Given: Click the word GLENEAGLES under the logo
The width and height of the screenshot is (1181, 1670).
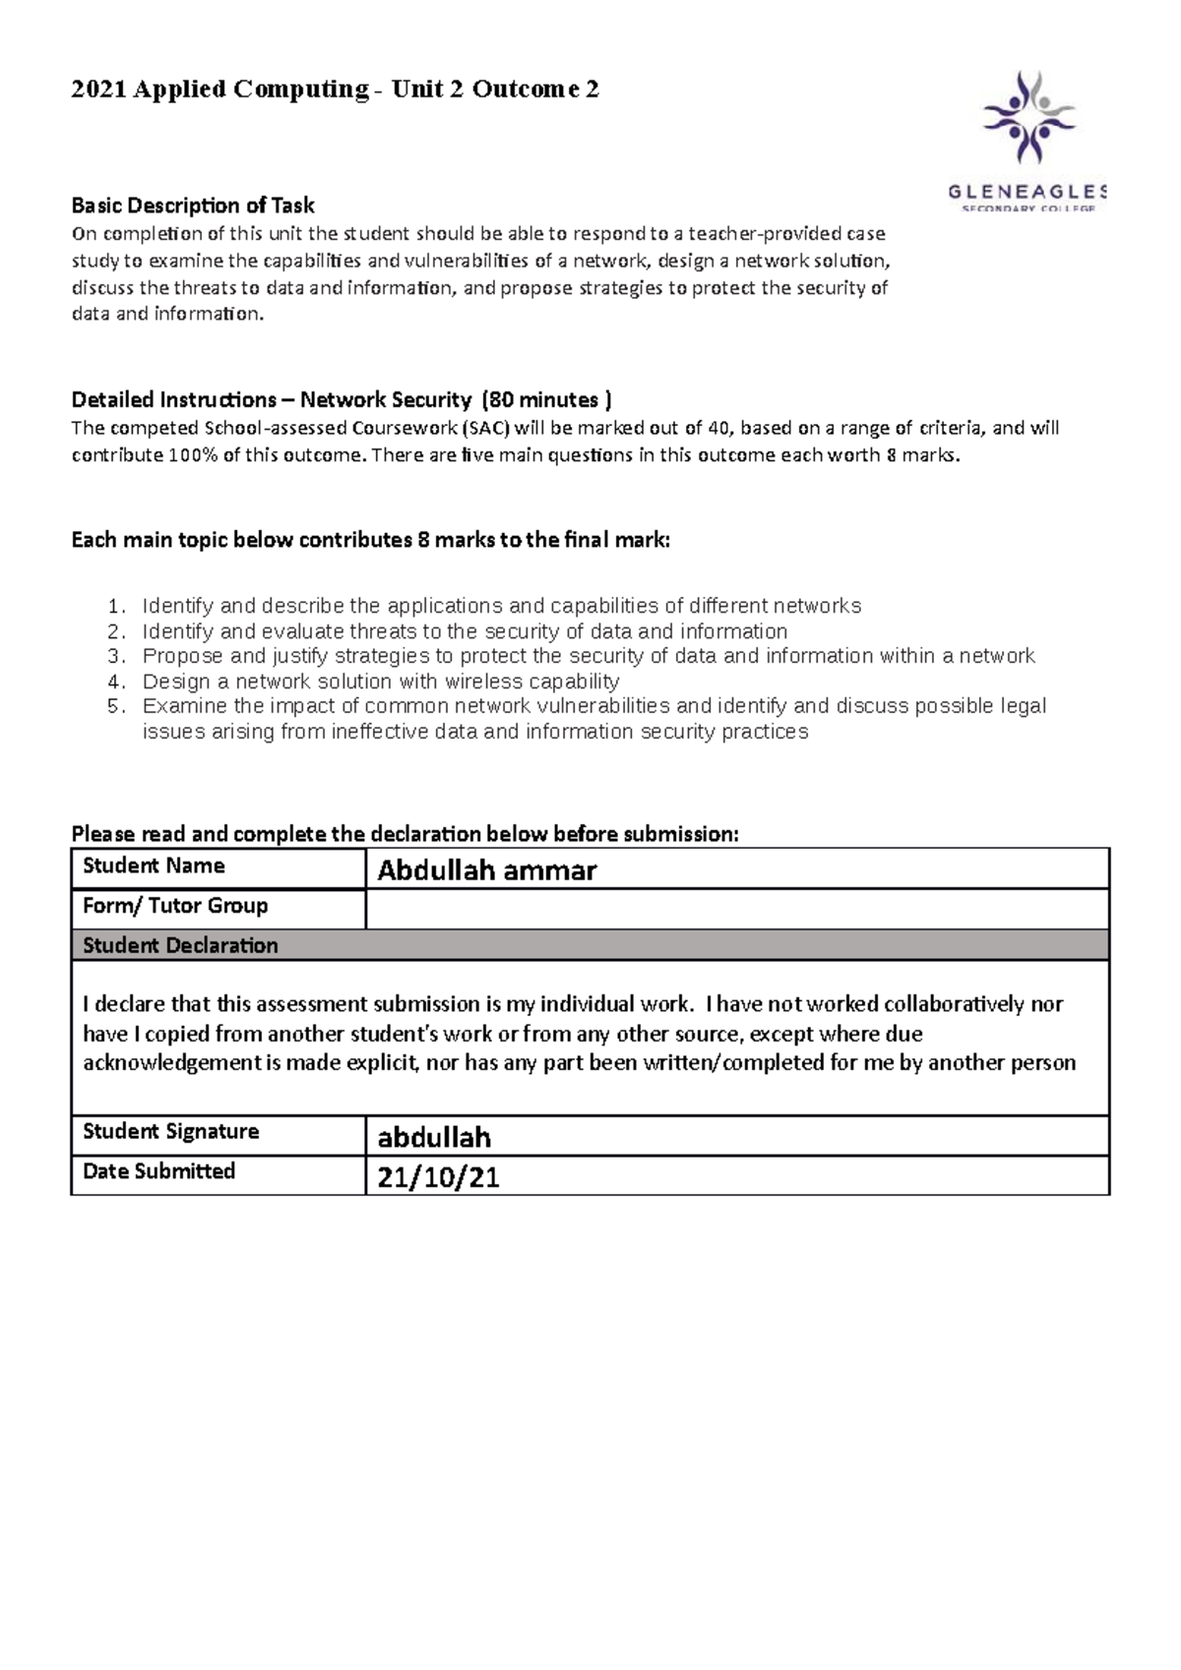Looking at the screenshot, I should point(1027,191).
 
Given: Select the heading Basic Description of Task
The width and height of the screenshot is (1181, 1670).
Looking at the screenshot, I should point(193,206).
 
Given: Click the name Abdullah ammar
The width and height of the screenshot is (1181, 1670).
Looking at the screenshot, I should point(487,870).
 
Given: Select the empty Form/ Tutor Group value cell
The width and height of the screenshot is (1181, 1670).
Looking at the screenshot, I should point(736,910).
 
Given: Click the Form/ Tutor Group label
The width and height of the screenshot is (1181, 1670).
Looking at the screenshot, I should point(175,906).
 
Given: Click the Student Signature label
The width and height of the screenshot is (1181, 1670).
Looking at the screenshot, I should point(171,1132).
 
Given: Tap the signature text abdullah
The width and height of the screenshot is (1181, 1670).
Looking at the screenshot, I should point(434,1138).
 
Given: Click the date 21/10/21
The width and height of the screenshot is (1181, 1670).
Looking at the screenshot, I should point(439,1177).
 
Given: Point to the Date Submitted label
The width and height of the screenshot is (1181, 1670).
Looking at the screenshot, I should point(159,1171).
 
